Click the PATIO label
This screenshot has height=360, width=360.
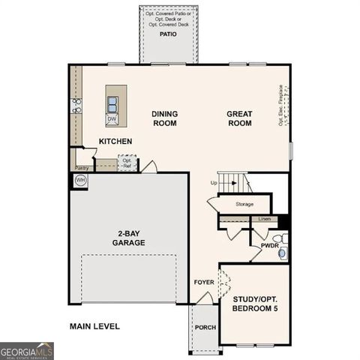click(166, 34)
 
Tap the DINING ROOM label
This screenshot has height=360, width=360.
click(164, 118)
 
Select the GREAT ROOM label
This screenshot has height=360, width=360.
click(240, 118)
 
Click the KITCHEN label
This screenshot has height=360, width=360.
click(115, 141)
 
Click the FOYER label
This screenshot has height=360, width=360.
click(203, 283)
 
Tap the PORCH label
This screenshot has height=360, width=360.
click(205, 328)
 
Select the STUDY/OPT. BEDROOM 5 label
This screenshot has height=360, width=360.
click(255, 304)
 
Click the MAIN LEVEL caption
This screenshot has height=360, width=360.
click(94, 326)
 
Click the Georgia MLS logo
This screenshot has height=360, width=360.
click(27, 350)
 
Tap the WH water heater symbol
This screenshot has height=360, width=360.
click(80, 181)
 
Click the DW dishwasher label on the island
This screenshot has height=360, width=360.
click(112, 118)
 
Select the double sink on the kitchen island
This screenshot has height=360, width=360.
click(112, 103)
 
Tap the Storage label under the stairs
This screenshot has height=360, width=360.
click(244, 204)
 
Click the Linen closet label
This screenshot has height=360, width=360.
click(264, 219)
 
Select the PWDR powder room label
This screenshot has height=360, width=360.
click(269, 245)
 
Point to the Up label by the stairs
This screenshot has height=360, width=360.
click(214, 183)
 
